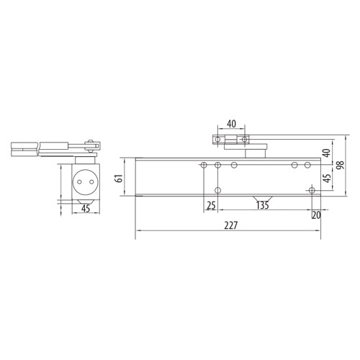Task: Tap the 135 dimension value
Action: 264,206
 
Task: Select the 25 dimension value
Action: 210,206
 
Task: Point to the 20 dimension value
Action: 316,215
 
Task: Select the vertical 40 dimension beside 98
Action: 326,153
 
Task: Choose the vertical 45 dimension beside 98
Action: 326,177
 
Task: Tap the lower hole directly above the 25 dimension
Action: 218,190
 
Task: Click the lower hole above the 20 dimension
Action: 311,190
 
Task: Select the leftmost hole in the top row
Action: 204,166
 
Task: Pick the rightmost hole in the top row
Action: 308,166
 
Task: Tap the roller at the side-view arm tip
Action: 89,144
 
